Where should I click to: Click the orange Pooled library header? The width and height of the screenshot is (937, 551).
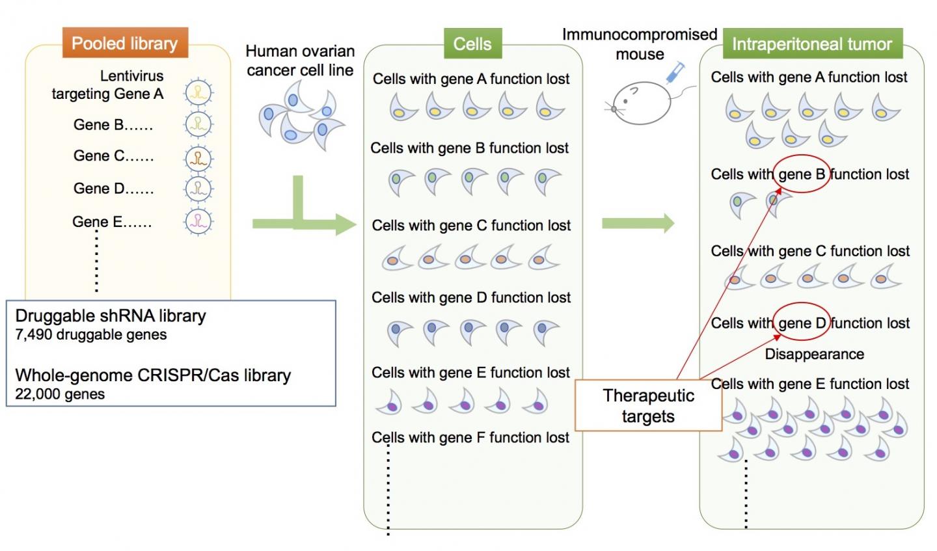(124, 44)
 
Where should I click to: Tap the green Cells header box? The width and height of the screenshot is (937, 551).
(472, 44)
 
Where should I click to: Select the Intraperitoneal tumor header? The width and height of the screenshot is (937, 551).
(812, 44)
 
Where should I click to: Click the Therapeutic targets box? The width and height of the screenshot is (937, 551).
(648, 406)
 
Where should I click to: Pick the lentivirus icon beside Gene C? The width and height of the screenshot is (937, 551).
(198, 157)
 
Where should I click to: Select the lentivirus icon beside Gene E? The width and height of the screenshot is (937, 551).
(198, 221)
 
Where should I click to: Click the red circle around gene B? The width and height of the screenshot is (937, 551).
(802, 174)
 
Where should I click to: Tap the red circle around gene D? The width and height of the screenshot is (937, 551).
(802, 322)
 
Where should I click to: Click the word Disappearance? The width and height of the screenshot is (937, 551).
(814, 354)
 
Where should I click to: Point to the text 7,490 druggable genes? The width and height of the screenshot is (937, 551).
(91, 335)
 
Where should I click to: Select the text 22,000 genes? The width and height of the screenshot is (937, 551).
(60, 394)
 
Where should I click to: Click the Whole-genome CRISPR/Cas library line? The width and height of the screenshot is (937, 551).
(153, 375)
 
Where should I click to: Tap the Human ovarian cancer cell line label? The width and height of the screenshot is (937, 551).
(300, 60)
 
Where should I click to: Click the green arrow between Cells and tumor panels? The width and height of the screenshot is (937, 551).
(638, 224)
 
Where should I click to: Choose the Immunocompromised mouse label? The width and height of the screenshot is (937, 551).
(640, 44)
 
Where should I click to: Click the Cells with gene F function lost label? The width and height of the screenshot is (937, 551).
(470, 437)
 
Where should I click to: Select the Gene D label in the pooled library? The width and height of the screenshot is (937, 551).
(113, 189)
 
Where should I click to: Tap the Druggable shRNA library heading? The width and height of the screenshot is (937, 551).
(111, 316)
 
